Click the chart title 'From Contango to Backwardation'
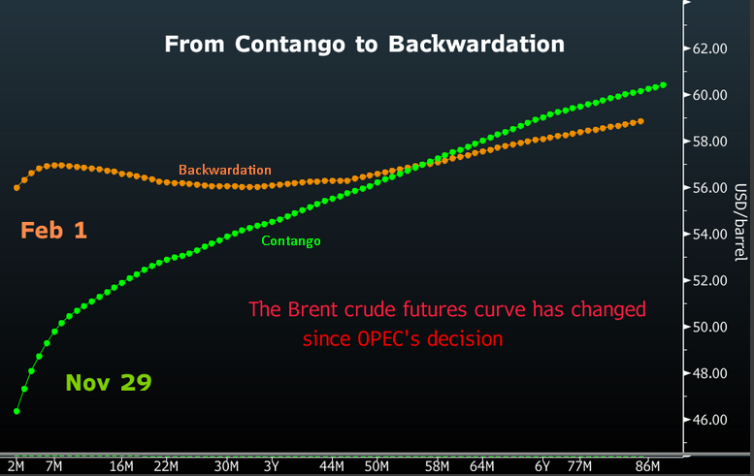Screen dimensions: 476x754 pyautogui.click(x=364, y=44)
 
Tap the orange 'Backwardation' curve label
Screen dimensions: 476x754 pyautogui.click(x=225, y=170)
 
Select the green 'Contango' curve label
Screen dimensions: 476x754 pyautogui.click(x=291, y=240)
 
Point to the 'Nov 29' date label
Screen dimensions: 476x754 pyautogui.click(x=109, y=382)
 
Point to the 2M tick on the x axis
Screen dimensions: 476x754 pyautogui.click(x=16, y=466)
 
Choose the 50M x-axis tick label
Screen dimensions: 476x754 pyautogui.click(x=377, y=466)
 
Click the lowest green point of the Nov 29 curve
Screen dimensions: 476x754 pyautogui.click(x=17, y=411)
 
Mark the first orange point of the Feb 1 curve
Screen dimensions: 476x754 pyautogui.click(x=17, y=187)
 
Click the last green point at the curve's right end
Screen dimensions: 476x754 pyautogui.click(x=664, y=85)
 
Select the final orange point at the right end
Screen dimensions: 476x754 pyautogui.click(x=641, y=121)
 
